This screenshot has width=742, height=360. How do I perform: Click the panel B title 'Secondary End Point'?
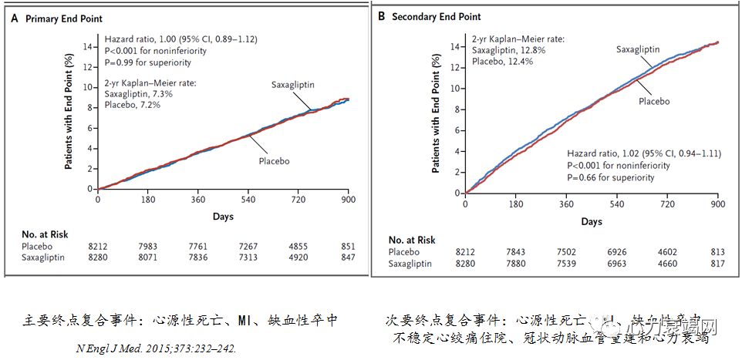tap(437, 16)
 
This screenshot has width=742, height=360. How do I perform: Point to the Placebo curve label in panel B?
tap(653, 101)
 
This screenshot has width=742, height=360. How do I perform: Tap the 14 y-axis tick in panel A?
tap(86, 46)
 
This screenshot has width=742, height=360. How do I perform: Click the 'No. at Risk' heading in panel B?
tap(412, 240)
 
